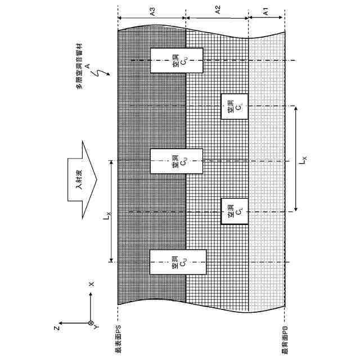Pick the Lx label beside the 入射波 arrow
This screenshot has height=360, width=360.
click(105, 213)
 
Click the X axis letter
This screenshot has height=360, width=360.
click(92, 285)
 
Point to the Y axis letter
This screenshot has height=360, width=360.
click(97, 326)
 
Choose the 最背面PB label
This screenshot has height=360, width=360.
click(285, 340)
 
